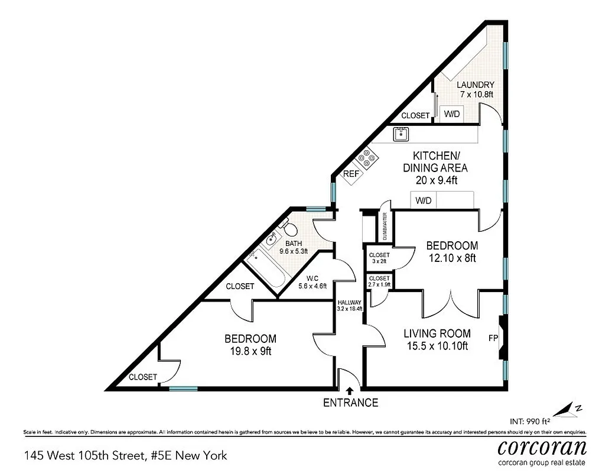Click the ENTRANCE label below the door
(x=350, y=403)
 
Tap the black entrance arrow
(x=350, y=390)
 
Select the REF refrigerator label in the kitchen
(x=351, y=174)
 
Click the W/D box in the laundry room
(x=452, y=114)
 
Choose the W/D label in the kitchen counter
(x=424, y=201)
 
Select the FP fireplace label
(x=493, y=339)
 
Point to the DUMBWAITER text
(x=385, y=227)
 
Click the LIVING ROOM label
(x=437, y=333)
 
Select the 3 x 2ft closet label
(x=379, y=258)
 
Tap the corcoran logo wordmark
(x=542, y=447)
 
